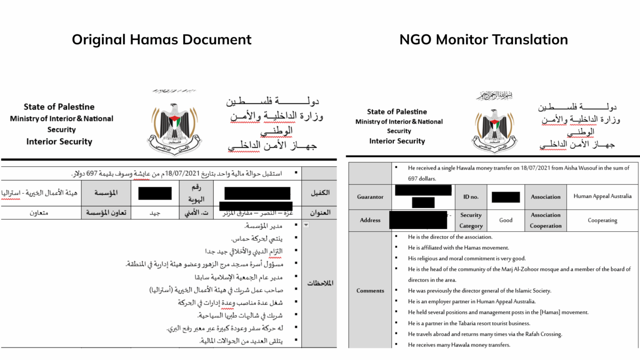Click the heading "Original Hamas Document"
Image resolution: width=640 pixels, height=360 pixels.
coord(161,40)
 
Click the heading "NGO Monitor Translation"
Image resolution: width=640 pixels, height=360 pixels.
coord(483,40)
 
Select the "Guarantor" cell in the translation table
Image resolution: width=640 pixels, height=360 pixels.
coord(370,197)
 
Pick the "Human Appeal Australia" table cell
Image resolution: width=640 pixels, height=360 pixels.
coord(602,196)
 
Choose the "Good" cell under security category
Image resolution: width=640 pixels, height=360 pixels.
coord(506,220)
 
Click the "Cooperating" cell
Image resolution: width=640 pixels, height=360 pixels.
coord(602,220)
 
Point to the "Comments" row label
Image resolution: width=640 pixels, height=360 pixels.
coord(370,291)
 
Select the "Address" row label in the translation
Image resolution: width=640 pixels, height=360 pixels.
coord(370,220)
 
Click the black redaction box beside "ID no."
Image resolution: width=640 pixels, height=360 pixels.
coord(505,197)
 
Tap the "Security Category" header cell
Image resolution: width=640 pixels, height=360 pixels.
coord(471,220)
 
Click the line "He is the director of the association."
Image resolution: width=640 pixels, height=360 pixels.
coord(450,237)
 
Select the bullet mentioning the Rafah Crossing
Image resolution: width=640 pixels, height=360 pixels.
coord(485,334)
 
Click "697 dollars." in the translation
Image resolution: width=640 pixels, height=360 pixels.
coord(422,179)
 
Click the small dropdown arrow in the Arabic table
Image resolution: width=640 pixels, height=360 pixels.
coord(306,225)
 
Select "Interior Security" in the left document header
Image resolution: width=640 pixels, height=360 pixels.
coord(59,142)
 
